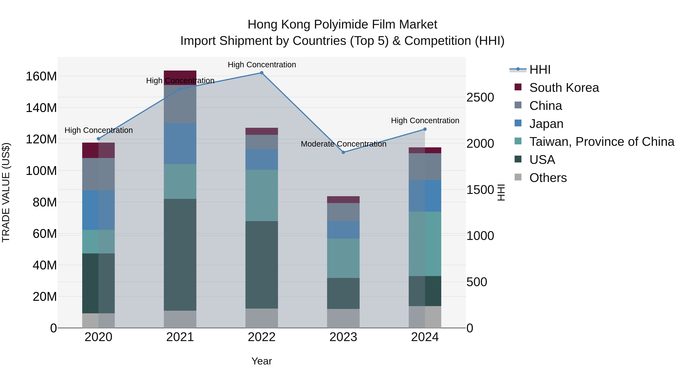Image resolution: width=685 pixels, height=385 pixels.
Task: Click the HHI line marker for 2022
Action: tap(261, 73)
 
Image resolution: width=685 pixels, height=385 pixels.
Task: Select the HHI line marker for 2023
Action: tap(343, 152)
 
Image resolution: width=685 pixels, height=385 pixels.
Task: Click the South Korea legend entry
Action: tap(564, 88)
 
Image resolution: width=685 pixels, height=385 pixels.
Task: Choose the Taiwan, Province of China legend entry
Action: tap(601, 142)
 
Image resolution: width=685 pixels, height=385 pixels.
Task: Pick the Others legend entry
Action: tap(548, 178)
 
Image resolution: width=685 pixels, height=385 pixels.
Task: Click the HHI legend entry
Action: tap(540, 70)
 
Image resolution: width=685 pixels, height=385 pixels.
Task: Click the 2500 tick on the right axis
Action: tap(480, 98)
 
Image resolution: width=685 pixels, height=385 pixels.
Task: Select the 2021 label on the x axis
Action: tap(180, 337)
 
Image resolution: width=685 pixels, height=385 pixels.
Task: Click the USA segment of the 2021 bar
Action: tap(180, 255)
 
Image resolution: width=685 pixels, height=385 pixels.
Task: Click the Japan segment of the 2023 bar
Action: tap(343, 230)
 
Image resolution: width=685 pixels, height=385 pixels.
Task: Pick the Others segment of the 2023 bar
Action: tap(343, 318)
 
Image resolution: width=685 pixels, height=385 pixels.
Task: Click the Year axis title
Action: tap(261, 361)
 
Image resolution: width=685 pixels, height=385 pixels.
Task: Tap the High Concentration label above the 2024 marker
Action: tap(425, 121)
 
